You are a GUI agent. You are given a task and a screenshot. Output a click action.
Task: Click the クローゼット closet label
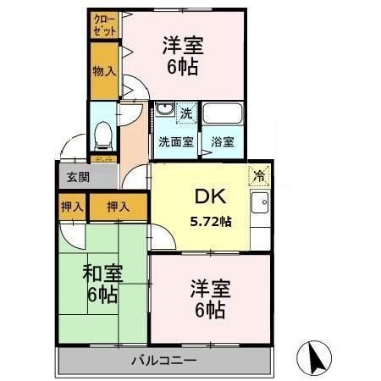[x=105, y=24]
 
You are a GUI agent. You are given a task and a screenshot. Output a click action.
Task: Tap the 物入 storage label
[x=105, y=70]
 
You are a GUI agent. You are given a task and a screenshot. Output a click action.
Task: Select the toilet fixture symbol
[x=103, y=135]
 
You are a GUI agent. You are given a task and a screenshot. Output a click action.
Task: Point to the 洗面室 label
[x=177, y=142]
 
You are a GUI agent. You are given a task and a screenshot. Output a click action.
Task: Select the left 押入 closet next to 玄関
[x=72, y=206]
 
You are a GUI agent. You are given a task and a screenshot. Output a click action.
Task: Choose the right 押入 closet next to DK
[x=117, y=206]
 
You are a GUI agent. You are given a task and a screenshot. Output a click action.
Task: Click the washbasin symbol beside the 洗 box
[x=163, y=110]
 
